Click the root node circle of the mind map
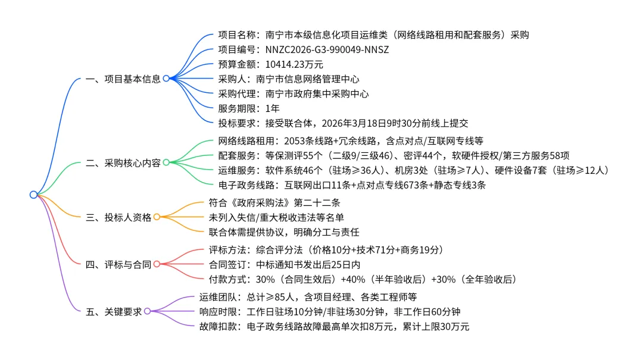(33, 195)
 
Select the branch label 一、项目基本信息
(123, 79)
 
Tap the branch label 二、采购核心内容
(123, 162)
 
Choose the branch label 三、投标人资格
(118, 217)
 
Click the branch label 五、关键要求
(114, 311)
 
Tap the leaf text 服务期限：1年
(248, 108)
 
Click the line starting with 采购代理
(293, 93)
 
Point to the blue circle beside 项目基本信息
(166, 78)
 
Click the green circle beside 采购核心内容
(166, 162)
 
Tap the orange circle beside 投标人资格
(157, 217)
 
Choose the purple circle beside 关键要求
(147, 311)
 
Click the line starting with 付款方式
(362, 279)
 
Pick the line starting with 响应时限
(330, 311)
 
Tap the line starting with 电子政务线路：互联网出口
(352, 185)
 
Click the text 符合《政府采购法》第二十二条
(274, 202)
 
